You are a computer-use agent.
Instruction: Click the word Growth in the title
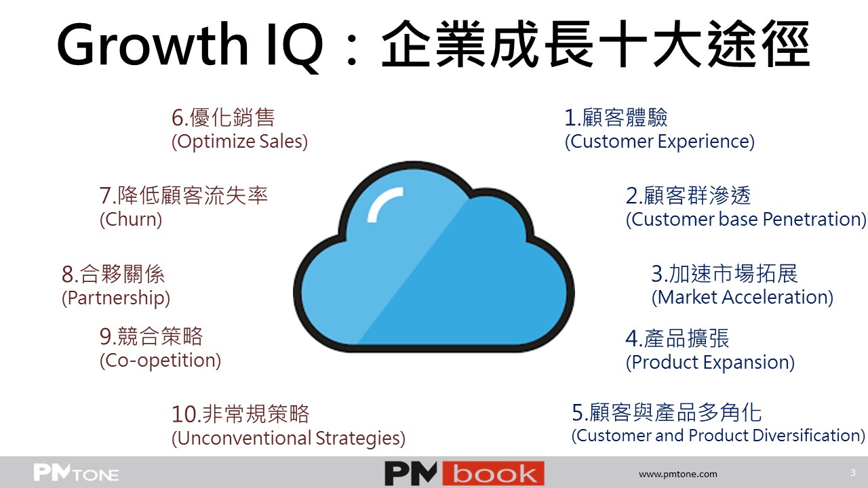point(153,44)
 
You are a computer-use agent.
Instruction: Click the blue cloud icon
point(433,257)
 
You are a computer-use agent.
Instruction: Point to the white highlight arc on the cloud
point(384,204)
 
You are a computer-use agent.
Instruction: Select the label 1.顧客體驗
point(616,117)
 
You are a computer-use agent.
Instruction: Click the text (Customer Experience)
point(660,142)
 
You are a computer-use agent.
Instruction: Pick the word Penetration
point(814,220)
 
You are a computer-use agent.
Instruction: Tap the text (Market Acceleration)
point(743,298)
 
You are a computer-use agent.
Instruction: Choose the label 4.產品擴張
point(677,338)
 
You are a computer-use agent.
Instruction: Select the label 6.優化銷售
point(223,117)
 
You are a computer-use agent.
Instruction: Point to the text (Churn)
point(131,220)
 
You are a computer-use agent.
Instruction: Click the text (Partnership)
point(116,298)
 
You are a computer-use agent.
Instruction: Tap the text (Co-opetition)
point(161,361)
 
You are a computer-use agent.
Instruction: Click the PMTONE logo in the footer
point(76,473)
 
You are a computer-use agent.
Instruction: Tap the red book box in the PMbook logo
point(493,473)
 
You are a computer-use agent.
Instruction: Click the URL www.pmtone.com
point(677,474)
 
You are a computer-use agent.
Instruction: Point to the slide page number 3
point(852,472)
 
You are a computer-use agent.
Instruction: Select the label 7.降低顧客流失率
point(184,195)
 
